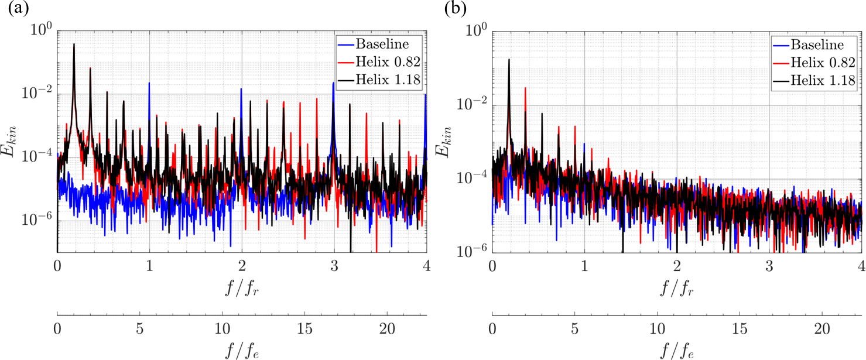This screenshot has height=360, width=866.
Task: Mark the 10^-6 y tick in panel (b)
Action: click(472, 252)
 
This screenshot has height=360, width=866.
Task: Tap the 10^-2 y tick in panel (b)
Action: click(472, 105)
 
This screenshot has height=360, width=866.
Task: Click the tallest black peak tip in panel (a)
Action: click(74, 43)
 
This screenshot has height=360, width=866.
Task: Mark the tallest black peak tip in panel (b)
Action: click(509, 59)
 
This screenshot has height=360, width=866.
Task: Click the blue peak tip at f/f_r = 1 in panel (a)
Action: click(149, 83)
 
